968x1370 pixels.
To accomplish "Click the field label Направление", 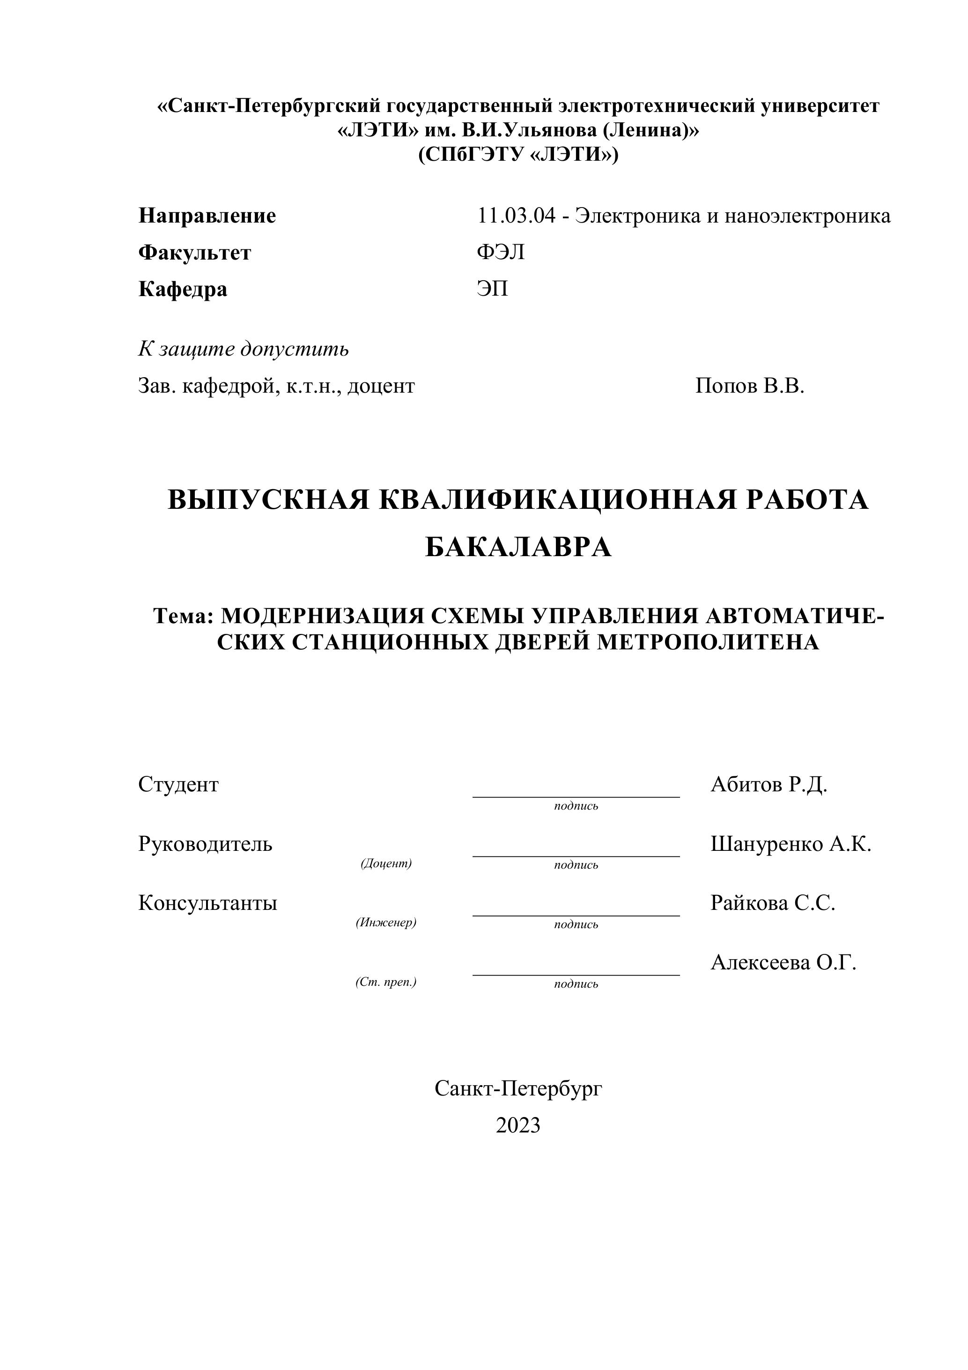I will pos(207,216).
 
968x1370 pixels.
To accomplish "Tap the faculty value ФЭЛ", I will pos(501,253).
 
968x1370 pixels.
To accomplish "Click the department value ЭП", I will pos(492,290).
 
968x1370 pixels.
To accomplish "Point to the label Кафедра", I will pos(183,290).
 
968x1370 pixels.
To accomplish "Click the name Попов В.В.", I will pos(750,386).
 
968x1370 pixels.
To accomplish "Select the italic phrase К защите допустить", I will pos(244,349).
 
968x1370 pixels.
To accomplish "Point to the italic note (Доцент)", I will pos(386,864).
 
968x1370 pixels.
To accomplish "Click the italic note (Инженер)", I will pos(386,923).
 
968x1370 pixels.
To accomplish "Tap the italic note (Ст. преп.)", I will pos(386,982).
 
